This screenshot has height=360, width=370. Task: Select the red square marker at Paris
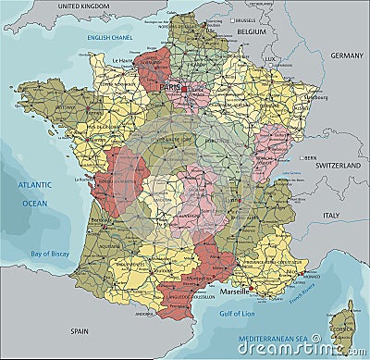(x=184, y=89)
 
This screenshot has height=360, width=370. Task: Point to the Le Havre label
(x=124, y=61)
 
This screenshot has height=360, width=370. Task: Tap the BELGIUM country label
(x=251, y=31)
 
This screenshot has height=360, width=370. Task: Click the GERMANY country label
(x=347, y=56)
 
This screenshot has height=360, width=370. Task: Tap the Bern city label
(x=312, y=157)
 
